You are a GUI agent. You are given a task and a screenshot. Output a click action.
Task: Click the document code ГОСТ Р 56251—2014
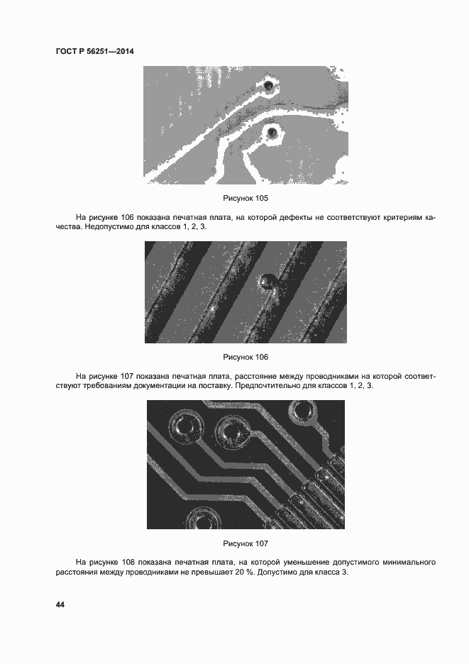[x=95, y=51]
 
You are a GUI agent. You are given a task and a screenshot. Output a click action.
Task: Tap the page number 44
[x=60, y=604]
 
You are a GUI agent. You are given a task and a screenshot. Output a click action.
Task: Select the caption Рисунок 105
[x=245, y=198]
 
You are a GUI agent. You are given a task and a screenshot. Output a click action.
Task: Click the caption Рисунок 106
[x=245, y=357]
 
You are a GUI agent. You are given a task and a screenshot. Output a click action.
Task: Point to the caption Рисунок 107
[x=245, y=543]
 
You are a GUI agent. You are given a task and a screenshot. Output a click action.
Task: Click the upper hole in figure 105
[x=268, y=87]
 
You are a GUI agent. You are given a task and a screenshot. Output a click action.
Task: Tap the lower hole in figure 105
[x=272, y=133]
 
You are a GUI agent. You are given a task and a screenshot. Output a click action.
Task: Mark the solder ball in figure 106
[x=266, y=282]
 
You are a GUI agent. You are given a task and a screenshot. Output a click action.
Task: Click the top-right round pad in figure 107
[x=304, y=411]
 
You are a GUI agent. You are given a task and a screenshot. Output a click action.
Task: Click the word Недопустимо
[x=107, y=226]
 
